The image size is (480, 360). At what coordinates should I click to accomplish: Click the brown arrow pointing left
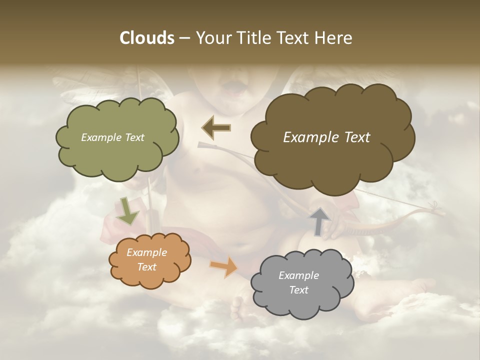tap(216, 127)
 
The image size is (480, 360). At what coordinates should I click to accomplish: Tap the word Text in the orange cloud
tap(146, 267)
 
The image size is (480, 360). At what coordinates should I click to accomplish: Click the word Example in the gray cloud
tap(298, 275)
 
